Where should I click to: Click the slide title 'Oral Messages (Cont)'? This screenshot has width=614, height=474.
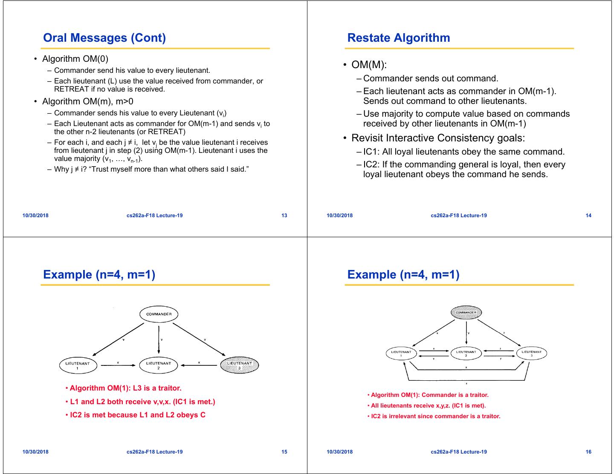click(104, 38)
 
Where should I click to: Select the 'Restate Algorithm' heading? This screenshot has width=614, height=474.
click(399, 38)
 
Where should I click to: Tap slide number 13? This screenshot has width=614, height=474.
click(284, 215)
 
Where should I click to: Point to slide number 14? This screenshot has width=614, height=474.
click(588, 215)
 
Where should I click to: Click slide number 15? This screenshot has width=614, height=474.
click(284, 452)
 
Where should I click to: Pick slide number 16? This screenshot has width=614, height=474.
click(588, 452)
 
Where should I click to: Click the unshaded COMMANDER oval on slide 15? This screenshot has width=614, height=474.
click(159, 314)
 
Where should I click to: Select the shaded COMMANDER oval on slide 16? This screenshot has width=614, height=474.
click(466, 312)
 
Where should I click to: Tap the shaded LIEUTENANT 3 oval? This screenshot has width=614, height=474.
click(239, 365)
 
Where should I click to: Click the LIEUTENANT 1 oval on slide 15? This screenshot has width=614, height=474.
click(78, 365)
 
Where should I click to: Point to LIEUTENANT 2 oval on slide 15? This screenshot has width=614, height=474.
click(158, 365)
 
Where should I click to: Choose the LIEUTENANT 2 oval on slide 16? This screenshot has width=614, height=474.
click(466, 353)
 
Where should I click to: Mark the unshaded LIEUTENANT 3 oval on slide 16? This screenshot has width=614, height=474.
click(531, 353)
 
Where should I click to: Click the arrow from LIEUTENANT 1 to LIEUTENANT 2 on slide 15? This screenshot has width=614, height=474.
click(118, 365)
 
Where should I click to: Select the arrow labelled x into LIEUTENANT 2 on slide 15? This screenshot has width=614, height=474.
click(199, 365)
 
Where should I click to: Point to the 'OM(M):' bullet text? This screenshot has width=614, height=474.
click(369, 65)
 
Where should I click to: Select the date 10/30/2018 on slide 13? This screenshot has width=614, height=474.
click(35, 215)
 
